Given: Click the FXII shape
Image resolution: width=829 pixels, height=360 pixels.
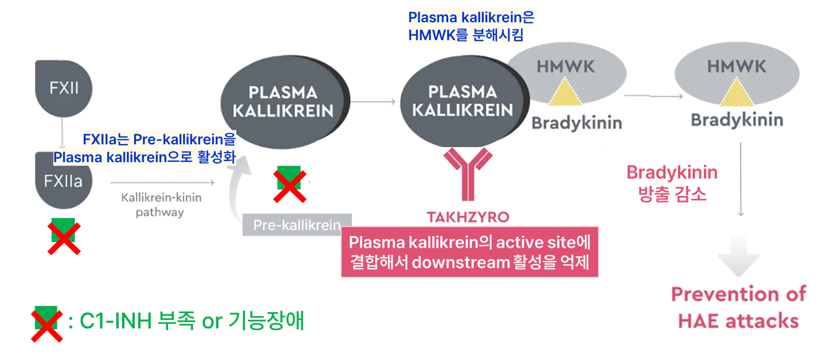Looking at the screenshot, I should pyautogui.click(x=63, y=88).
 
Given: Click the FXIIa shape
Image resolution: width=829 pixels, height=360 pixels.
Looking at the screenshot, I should pyautogui.click(x=63, y=183).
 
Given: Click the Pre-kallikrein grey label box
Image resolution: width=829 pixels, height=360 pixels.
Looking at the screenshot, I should pyautogui.click(x=297, y=225).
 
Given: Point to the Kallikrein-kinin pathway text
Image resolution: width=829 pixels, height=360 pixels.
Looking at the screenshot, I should pyautogui.click(x=161, y=204).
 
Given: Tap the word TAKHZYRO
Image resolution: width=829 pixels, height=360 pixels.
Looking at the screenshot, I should pyautogui.click(x=468, y=217).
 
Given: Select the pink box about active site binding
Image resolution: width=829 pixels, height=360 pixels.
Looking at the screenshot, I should pyautogui.click(x=469, y=252).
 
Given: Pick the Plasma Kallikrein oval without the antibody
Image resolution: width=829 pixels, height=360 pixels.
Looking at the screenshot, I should pyautogui.click(x=284, y=102).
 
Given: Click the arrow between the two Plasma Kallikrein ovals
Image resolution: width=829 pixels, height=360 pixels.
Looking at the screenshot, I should pyautogui.click(x=373, y=102).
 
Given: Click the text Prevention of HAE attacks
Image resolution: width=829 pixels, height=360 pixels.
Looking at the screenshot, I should pyautogui.click(x=738, y=307).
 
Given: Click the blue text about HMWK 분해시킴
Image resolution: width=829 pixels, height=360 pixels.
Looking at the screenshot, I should pyautogui.click(x=470, y=26).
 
